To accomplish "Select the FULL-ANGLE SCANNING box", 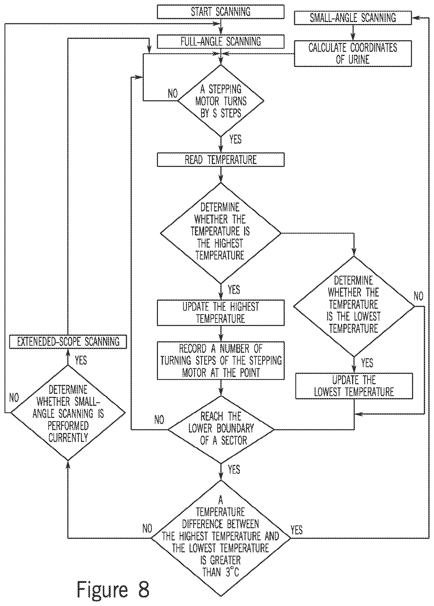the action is click(220, 42).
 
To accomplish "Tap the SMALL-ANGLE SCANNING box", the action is click(353, 18).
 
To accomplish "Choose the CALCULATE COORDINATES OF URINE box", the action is click(353, 53).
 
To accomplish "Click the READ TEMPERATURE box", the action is click(220, 160).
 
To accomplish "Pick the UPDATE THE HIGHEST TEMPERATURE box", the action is click(220, 313).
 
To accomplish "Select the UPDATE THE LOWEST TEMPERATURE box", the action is click(354, 386).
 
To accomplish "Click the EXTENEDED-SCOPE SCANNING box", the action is click(68, 342).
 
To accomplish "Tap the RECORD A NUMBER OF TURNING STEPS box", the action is click(220, 360).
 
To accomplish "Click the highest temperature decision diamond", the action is click(220, 233).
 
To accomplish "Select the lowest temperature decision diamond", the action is click(354, 306).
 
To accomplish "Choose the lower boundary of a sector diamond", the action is click(221, 430).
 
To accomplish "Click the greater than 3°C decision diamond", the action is click(221, 538).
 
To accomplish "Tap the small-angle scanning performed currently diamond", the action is click(68, 413).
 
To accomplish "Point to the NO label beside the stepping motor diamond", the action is click(173, 93).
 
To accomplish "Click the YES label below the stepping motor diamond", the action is click(235, 140).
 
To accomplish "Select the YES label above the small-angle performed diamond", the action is click(81, 360).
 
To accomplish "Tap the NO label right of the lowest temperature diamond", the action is click(419, 296).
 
